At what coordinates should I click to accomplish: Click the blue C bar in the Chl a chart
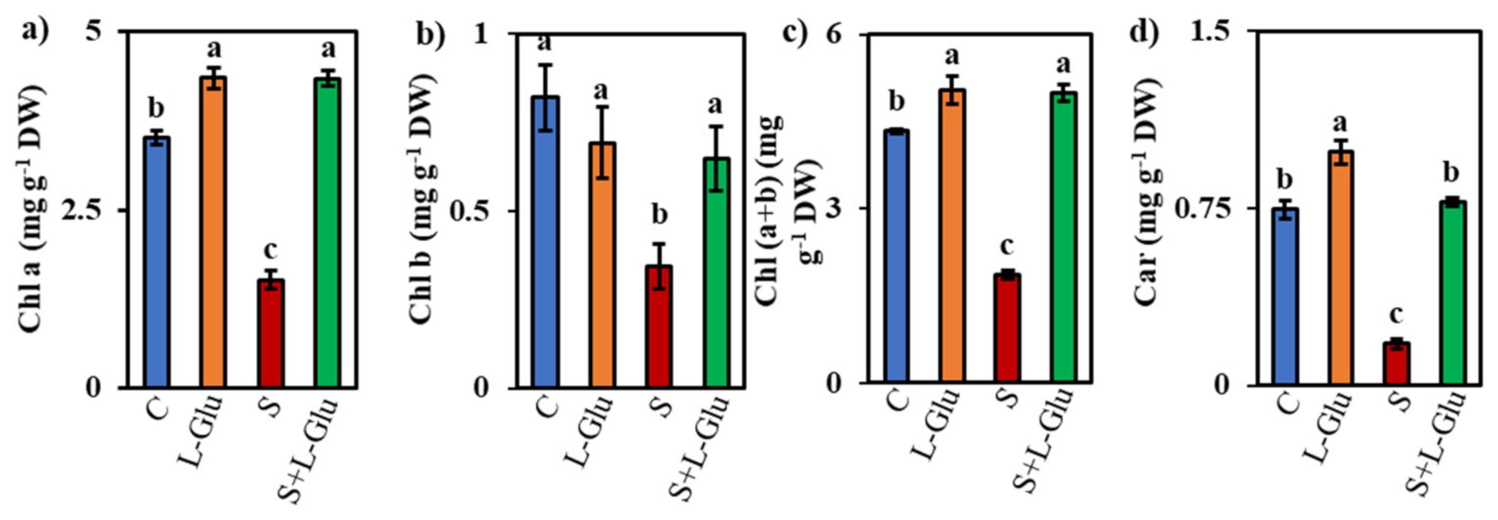point(158,262)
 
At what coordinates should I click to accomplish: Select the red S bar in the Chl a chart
point(271,334)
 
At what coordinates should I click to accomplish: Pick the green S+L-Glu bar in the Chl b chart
point(716,273)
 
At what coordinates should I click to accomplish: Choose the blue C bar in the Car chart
point(1285,297)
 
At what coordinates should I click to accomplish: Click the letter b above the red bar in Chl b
point(660,215)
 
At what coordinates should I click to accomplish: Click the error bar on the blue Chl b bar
point(545,97)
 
